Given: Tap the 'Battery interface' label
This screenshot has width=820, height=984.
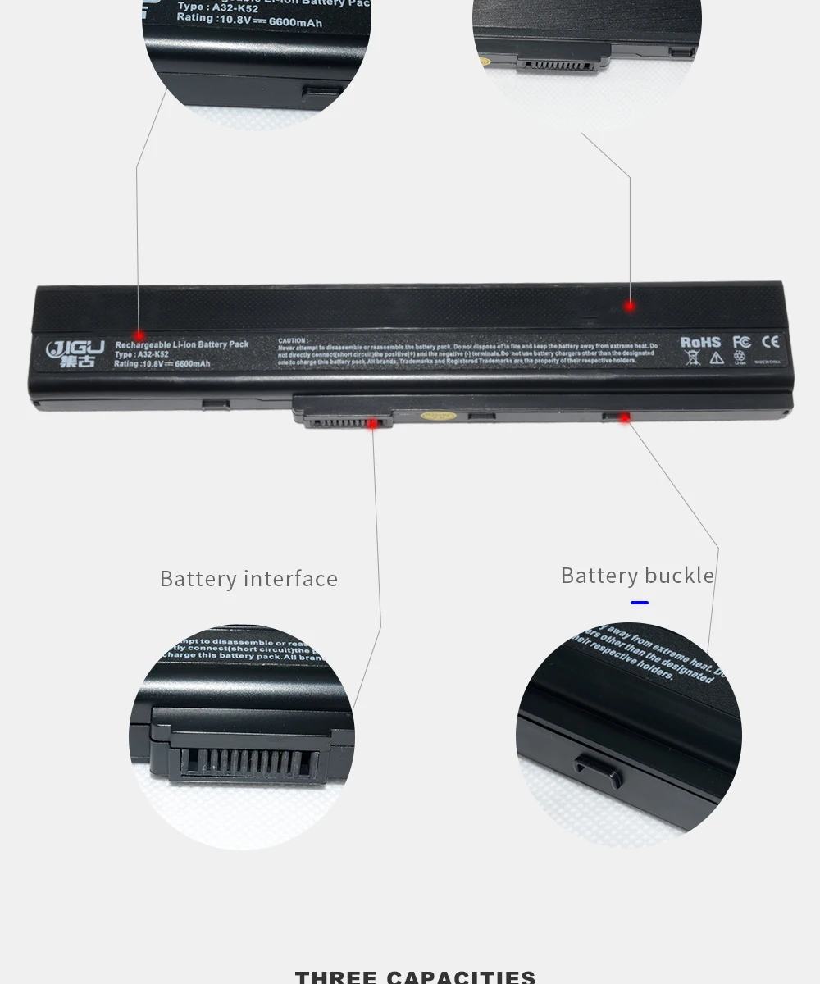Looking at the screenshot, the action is [x=248, y=579].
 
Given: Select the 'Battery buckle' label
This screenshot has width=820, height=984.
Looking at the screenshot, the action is [x=637, y=576].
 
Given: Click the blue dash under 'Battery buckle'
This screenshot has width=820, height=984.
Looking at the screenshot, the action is [x=640, y=603].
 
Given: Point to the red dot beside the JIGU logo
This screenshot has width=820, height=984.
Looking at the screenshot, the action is [x=139, y=335].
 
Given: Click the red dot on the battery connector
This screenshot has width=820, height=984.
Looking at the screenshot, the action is [x=372, y=423].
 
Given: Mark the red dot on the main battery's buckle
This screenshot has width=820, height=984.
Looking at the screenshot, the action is [x=624, y=417].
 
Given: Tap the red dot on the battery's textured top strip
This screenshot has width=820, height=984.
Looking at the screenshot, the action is [x=630, y=306].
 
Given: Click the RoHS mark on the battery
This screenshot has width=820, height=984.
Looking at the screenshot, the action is [x=700, y=342].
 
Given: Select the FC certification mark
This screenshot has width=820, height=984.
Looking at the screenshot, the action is [x=741, y=342].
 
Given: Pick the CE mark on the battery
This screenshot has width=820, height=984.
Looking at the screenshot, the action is [x=770, y=342].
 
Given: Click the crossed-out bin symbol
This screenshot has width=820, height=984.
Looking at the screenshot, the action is [x=693, y=358].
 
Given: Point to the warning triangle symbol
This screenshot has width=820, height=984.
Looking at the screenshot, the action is [x=716, y=358].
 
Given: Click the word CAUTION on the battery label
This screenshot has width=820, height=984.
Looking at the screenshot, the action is [x=293, y=340].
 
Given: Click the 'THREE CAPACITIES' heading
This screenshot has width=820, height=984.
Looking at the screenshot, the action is [x=415, y=977].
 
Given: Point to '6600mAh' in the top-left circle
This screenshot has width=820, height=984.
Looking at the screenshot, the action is [x=296, y=23].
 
